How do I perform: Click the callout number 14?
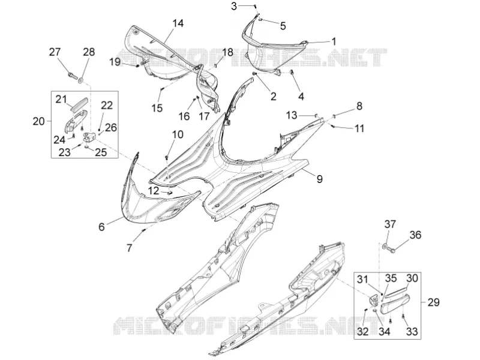click(x=178, y=23)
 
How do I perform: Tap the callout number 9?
click(x=320, y=179)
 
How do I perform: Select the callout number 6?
click(x=101, y=227)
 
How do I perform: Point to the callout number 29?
click(x=433, y=302)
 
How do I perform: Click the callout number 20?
click(x=39, y=122)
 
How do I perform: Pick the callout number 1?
click(x=334, y=41)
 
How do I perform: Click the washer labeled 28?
click(x=81, y=80)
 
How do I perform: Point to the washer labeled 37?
click(x=384, y=245)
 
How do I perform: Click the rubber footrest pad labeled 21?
click(x=79, y=103)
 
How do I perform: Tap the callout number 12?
click(x=154, y=191)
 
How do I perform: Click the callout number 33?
click(x=412, y=331)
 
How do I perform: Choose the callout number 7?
click(x=129, y=248)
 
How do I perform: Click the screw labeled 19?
click(x=138, y=66)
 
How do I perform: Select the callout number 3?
click(x=234, y=6)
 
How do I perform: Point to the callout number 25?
click(x=101, y=152)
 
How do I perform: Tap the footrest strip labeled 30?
click(x=396, y=292)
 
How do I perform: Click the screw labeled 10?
click(x=167, y=158)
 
